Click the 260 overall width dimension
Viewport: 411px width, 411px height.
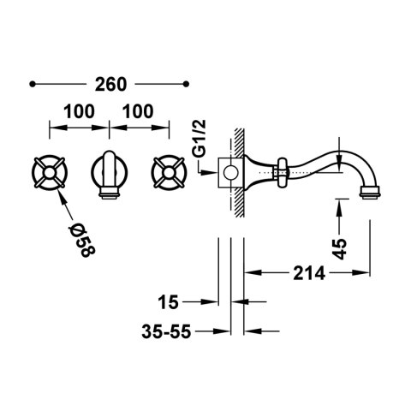tap(110, 84)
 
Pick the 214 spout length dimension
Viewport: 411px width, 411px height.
tap(308, 275)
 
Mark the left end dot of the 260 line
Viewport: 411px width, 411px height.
tap(32, 84)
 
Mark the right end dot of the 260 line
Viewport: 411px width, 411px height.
tap(188, 84)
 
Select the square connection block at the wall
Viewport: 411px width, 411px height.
tap(229, 176)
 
